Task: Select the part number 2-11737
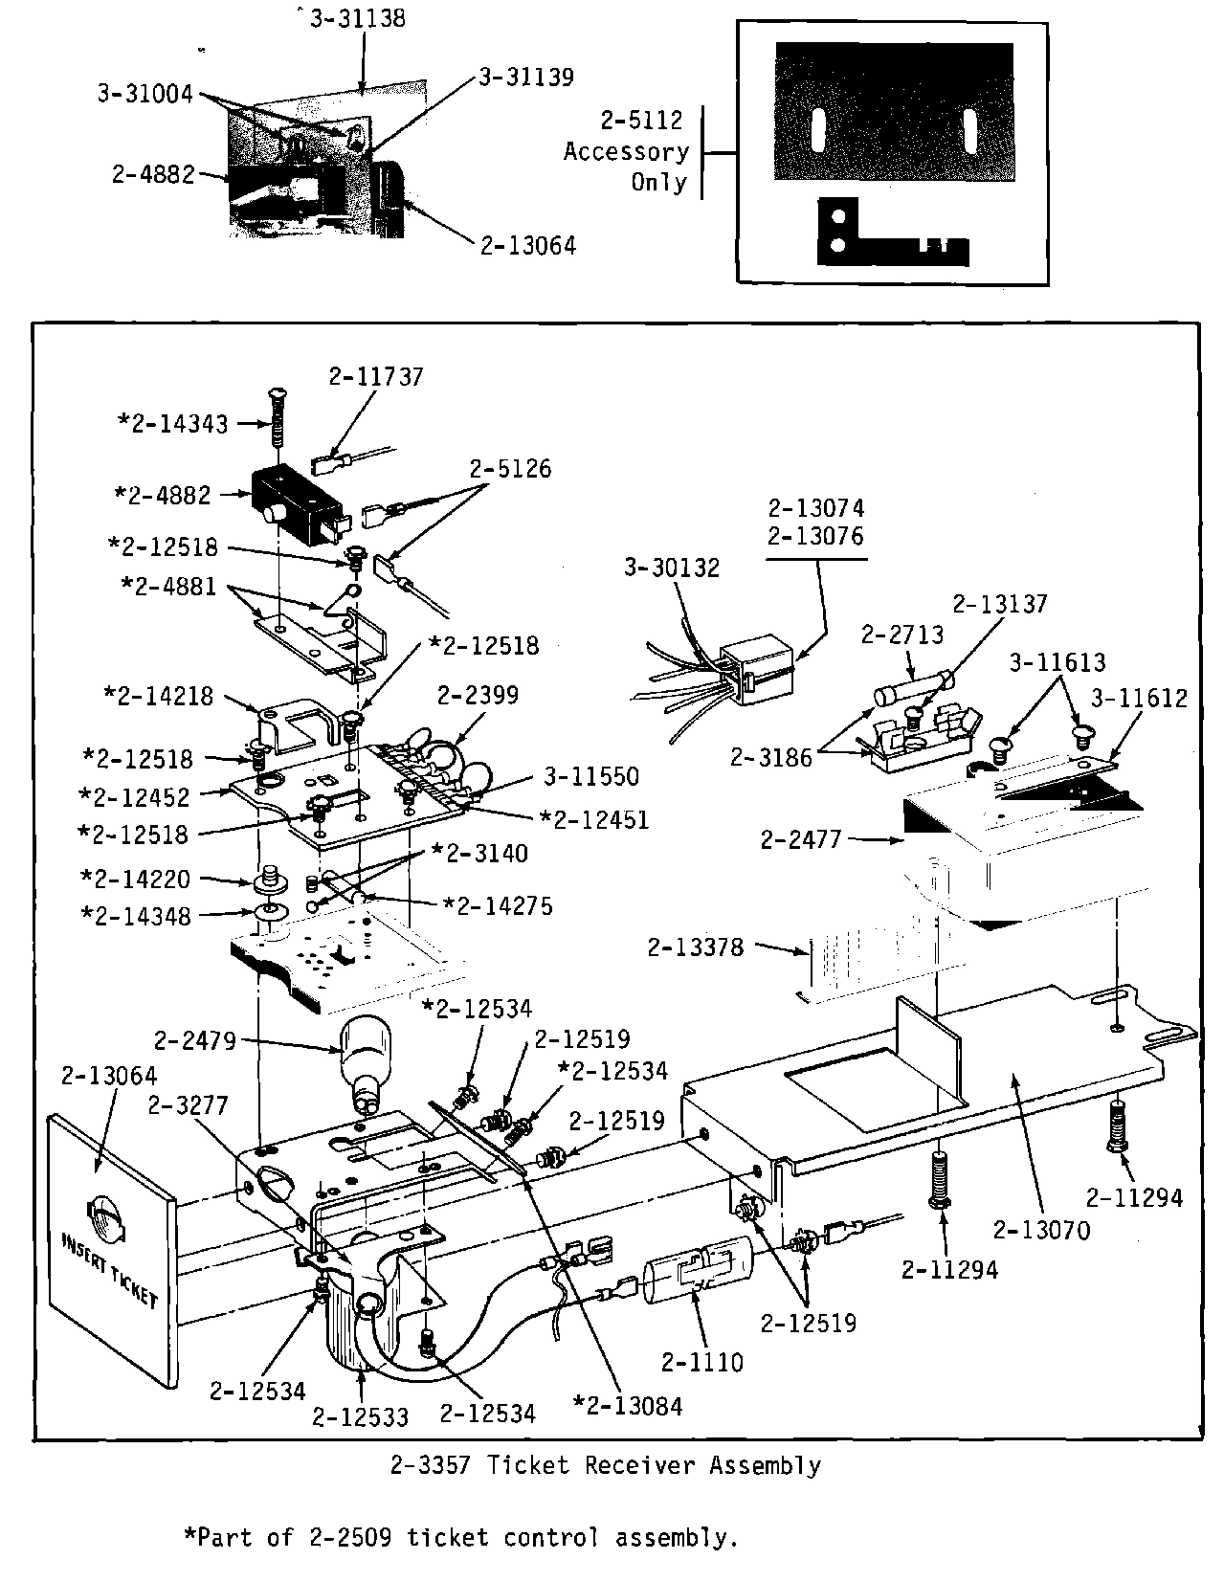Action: coord(375,377)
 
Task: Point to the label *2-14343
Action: coord(172,423)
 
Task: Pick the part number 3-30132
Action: coord(672,568)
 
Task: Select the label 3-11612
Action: coord(1139,699)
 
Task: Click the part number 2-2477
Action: coord(801,839)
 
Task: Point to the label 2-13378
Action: coord(696,947)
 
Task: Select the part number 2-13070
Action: coord(1041,1230)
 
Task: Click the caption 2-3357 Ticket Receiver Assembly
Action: coord(606,1465)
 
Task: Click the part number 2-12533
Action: coord(361,1415)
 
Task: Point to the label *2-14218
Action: coord(159,696)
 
